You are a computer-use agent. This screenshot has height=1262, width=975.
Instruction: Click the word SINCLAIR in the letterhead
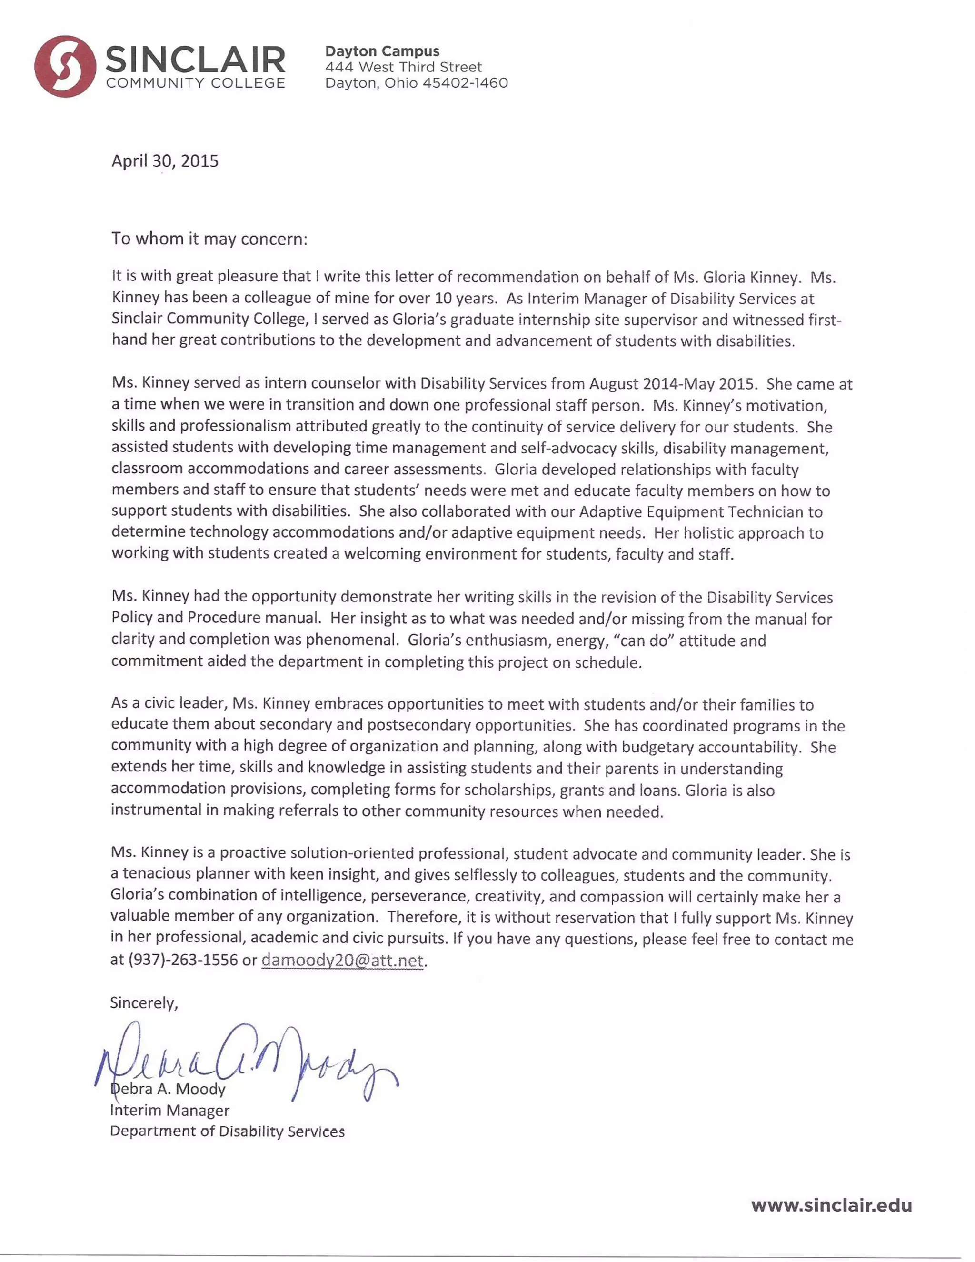[195, 60]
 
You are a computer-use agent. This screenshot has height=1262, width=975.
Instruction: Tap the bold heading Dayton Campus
[382, 51]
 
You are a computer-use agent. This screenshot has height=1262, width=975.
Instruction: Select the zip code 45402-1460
[465, 83]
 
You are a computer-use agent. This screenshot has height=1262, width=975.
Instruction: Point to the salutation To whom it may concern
[209, 239]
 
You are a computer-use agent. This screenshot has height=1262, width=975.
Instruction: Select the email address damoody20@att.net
[342, 960]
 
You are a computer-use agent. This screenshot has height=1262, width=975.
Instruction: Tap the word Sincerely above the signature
[144, 1002]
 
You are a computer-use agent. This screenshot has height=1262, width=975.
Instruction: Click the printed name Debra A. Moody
[168, 1089]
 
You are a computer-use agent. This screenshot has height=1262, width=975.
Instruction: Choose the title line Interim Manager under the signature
[170, 1110]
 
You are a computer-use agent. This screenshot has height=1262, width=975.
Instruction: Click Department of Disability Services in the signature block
[227, 1131]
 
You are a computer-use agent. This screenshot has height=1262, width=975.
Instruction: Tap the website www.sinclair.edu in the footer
[831, 1205]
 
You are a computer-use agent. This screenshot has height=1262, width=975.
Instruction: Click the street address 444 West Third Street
[403, 67]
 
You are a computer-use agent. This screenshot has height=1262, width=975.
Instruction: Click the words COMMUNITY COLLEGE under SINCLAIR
[195, 83]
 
